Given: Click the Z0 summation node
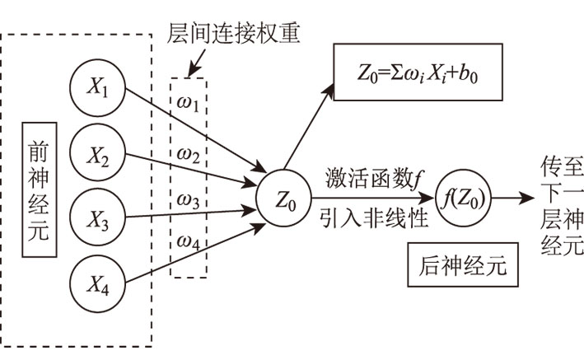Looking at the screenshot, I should [x=282, y=198].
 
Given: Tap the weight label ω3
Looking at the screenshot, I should [x=189, y=200].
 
